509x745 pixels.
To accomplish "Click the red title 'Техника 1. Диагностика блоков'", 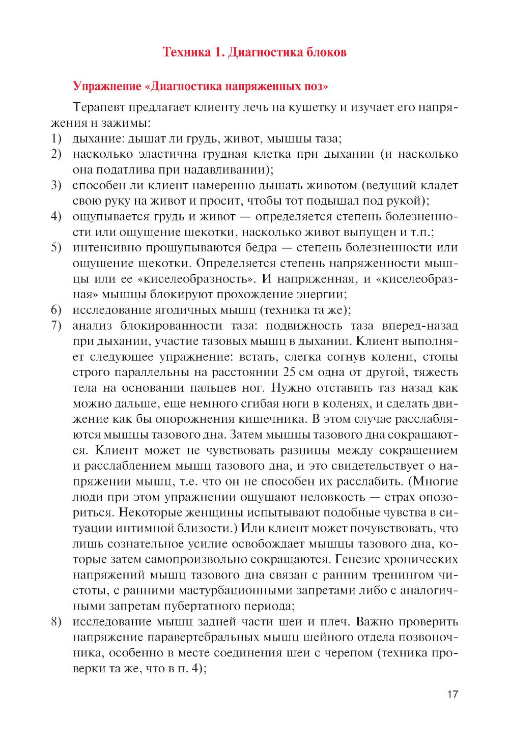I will tap(254, 52).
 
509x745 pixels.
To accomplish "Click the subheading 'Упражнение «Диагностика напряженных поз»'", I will tap(201, 86).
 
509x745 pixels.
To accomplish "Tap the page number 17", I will tap(453, 694).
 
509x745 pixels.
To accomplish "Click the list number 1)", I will tap(56, 138).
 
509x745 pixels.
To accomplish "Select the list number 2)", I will tap(56, 154).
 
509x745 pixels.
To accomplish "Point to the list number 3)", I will tap(56, 185).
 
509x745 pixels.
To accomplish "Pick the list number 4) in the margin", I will tap(56, 216).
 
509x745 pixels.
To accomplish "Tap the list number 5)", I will tap(56, 247).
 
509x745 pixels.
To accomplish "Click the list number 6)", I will tap(56, 309).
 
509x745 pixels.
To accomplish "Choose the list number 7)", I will tap(56, 325).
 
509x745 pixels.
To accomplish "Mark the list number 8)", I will tap(56, 621).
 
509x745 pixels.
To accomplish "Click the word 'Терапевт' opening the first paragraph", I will tap(99, 107).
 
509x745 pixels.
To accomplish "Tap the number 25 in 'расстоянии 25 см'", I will tap(289, 372).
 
